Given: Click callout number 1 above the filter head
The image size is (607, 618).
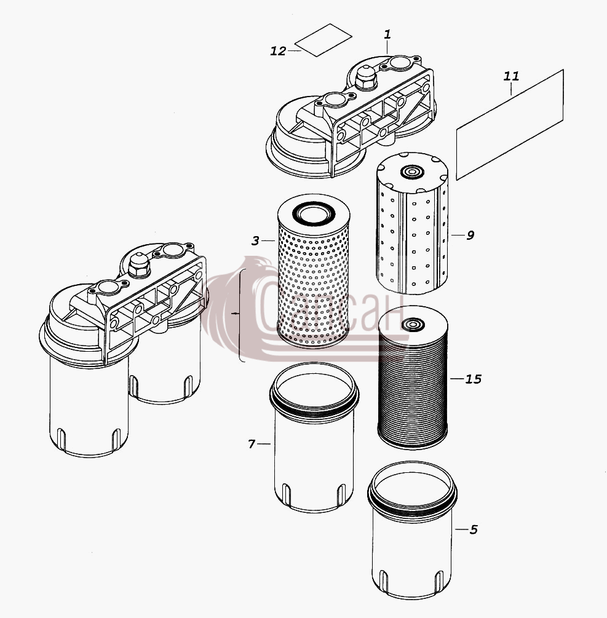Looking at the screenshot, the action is [x=387, y=34].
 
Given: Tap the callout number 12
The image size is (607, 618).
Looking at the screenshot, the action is [x=278, y=51].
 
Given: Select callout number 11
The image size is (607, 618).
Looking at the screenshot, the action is [x=511, y=76].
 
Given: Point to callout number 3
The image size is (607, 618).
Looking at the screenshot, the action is [x=255, y=240].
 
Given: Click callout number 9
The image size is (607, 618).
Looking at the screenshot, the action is [x=470, y=236].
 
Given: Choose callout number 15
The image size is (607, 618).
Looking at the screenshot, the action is [x=474, y=379].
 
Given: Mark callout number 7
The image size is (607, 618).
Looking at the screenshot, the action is [x=252, y=444].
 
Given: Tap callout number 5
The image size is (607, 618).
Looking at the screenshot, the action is [x=474, y=529].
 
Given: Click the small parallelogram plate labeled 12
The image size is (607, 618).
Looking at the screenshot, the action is [x=323, y=40].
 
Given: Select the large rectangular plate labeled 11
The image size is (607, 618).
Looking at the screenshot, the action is [x=510, y=125].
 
